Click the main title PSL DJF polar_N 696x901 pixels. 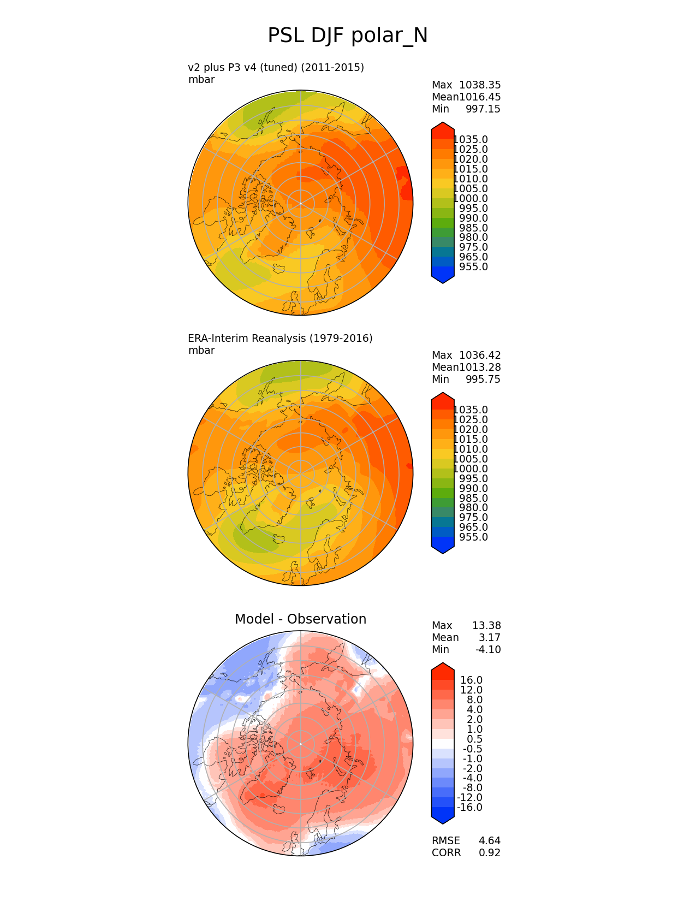347,36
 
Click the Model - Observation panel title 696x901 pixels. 300,619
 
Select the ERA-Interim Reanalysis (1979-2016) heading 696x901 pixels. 280,339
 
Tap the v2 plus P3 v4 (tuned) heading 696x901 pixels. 276,68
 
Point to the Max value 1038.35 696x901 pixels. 480,85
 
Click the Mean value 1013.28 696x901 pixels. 480,367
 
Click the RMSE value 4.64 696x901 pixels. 489,841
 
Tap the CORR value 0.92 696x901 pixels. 489,853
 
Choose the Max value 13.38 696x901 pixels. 486,626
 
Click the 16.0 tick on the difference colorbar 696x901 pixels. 471,680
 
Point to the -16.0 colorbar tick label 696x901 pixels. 469,808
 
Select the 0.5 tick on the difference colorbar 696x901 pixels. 474,739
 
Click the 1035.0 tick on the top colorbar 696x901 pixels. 471,140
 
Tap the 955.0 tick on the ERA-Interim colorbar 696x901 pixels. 473,537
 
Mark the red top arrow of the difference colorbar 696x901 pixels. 443,669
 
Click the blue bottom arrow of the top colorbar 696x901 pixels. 443,276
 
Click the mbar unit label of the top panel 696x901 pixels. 201,80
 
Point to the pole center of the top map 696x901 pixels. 300,203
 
